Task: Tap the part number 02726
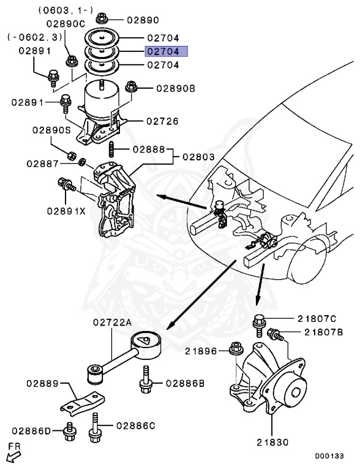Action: (163, 121)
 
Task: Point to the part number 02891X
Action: (67, 211)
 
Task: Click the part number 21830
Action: (273, 442)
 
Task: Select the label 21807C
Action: (317, 318)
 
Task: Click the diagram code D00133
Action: (329, 456)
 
